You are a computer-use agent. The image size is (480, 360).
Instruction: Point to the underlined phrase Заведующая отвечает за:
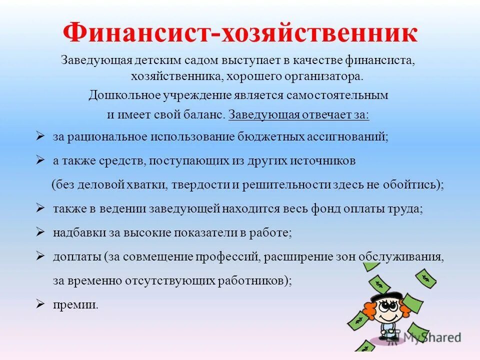pyautogui.click(x=299, y=114)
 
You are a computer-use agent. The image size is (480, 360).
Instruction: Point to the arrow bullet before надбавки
pyautogui.click(x=41, y=232)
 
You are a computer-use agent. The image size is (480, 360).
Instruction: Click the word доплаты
pyautogui.click(x=76, y=257)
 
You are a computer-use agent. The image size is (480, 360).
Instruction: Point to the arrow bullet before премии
pyautogui.click(x=41, y=304)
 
